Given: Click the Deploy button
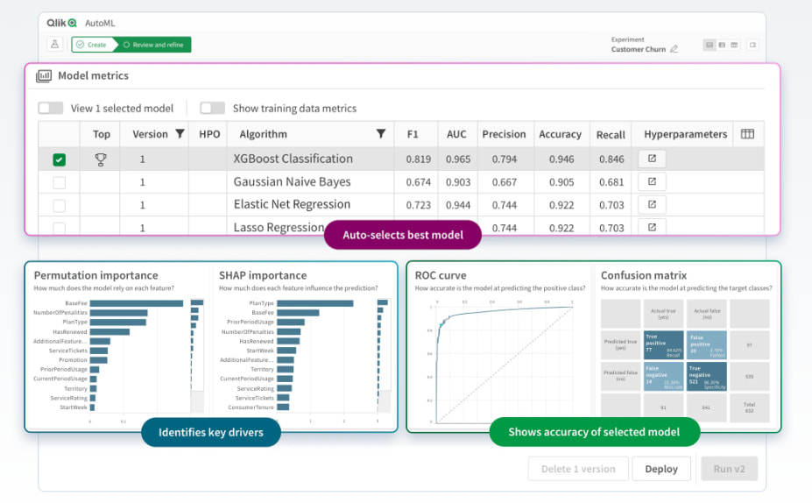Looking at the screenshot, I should pyautogui.click(x=660, y=469).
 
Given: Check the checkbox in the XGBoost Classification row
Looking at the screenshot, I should pyautogui.click(x=59, y=159).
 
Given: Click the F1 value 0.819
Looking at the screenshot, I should pyautogui.click(x=418, y=159).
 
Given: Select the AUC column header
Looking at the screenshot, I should pyautogui.click(x=456, y=134).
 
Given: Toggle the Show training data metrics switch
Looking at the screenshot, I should pyautogui.click(x=212, y=109).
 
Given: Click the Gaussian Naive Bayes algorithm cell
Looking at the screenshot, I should pyautogui.click(x=292, y=182).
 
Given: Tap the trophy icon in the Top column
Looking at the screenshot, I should pyautogui.click(x=101, y=159).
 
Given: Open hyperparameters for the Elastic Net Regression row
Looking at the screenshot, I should pyautogui.click(x=652, y=204).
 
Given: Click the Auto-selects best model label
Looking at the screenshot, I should pyautogui.click(x=404, y=236).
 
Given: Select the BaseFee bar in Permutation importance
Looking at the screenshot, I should pyautogui.click(x=136, y=303).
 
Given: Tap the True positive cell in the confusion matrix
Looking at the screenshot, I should pyautogui.click(x=662, y=344).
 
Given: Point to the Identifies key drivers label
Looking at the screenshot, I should pyautogui.click(x=209, y=432).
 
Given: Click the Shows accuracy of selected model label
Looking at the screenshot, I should pyautogui.click(x=594, y=432).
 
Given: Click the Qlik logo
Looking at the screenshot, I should pyautogui.click(x=61, y=23).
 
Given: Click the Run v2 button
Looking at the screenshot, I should pyautogui.click(x=729, y=469).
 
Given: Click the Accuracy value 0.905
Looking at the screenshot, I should pyautogui.click(x=560, y=182).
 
